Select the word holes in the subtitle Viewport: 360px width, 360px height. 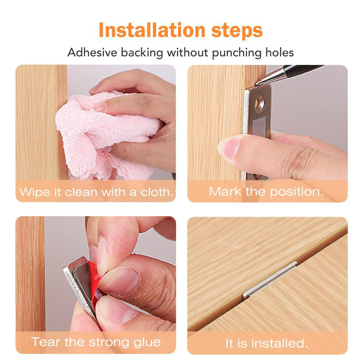click(277, 52)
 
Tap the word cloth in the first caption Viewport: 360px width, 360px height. click(156, 192)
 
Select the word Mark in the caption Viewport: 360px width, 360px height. click(224, 191)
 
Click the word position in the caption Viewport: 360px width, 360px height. click(296, 191)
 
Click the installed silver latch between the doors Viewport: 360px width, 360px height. click(270, 280)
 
